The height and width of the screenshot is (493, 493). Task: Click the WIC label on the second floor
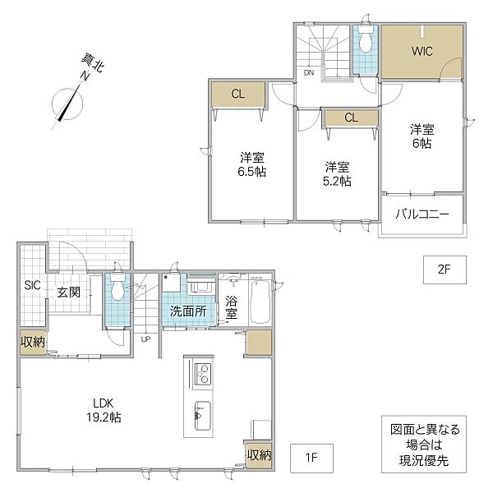click(x=422, y=51)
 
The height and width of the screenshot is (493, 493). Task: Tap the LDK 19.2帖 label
click(x=104, y=410)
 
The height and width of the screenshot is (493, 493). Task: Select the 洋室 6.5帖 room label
click(x=252, y=165)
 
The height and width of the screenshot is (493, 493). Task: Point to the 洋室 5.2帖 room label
click(x=337, y=174)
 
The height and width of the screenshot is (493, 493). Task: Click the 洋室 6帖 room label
click(x=422, y=136)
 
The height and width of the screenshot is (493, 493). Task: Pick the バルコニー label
click(x=422, y=214)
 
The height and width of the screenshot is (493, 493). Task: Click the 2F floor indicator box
click(x=445, y=270)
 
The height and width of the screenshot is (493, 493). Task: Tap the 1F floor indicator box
click(x=311, y=458)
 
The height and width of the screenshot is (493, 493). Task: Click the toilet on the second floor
click(x=366, y=39)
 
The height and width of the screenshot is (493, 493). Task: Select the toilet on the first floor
click(x=117, y=287)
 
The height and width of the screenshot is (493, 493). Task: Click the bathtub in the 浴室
click(x=260, y=302)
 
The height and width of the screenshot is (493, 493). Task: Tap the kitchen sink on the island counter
click(x=203, y=415)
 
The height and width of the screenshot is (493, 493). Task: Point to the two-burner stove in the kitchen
click(x=202, y=374)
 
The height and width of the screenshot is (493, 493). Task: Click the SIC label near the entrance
click(x=32, y=285)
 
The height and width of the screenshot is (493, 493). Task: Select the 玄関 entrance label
click(x=69, y=293)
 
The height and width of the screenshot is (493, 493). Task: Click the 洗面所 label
click(x=188, y=311)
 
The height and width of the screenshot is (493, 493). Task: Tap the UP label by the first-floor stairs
click(x=145, y=339)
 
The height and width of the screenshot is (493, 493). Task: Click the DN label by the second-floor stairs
click(x=309, y=72)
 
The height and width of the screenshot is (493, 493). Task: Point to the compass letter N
click(x=85, y=76)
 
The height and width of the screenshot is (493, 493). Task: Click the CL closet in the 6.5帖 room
click(x=238, y=94)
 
